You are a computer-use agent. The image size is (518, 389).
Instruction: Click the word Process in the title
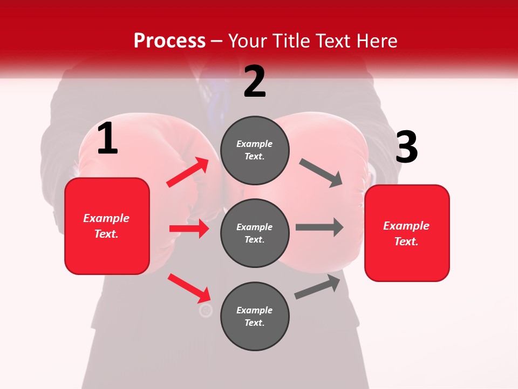pos(169,41)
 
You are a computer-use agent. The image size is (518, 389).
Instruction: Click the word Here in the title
pos(376,41)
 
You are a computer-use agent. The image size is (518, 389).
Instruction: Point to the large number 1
pos(107,139)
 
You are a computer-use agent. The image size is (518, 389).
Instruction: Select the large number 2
pos(255,82)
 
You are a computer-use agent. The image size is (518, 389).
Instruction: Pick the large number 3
pos(406,147)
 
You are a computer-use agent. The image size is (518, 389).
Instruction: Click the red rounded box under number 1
pos(107,226)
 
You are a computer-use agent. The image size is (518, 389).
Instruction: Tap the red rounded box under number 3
pos(407,233)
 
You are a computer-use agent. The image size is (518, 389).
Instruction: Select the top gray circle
pos(255,150)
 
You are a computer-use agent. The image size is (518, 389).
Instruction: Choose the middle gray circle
pos(255,233)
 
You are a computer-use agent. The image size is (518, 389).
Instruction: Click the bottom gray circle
pos(255,316)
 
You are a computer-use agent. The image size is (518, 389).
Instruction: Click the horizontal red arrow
pos(189,229)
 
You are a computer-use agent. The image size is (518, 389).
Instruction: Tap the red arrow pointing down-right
pos(189,288)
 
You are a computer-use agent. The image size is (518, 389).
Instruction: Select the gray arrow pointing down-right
pos(322,173)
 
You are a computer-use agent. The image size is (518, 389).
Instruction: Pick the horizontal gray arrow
pos(319,227)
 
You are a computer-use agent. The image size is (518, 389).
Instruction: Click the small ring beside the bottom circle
pos(206,311)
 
